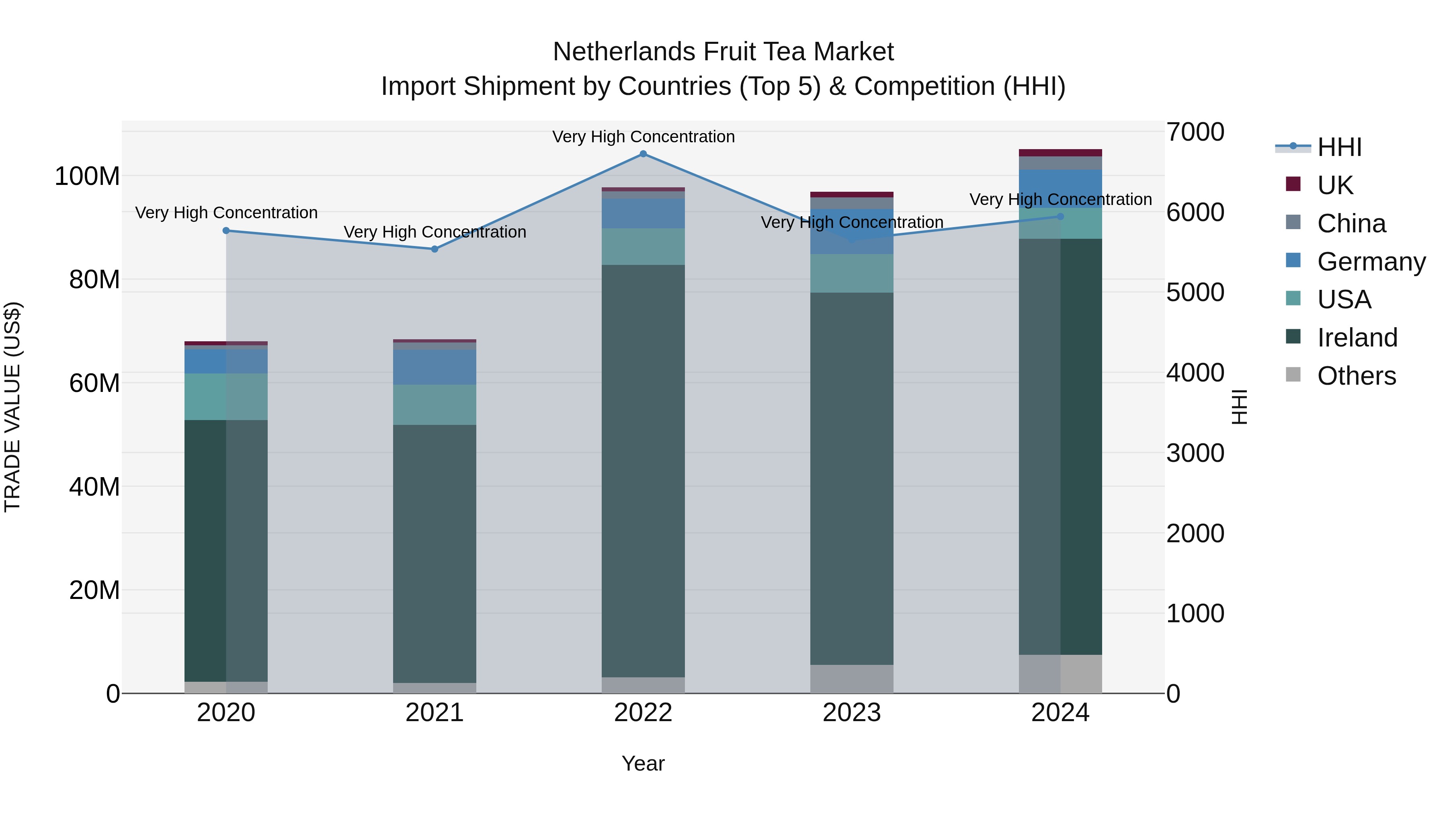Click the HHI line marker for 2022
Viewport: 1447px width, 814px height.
643,154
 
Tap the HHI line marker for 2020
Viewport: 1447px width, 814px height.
226,230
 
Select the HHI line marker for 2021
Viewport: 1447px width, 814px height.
435,249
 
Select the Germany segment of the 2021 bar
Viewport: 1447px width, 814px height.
435,367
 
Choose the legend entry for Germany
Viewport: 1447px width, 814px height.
1371,262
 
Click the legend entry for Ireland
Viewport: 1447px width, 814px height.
1357,338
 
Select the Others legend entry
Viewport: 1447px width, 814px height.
1356,376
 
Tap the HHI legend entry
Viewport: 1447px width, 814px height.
1339,147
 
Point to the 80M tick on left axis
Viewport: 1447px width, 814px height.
94,280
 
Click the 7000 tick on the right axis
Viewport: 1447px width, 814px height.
1195,132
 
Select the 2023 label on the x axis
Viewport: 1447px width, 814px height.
852,713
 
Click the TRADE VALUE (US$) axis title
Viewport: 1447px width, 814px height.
12,407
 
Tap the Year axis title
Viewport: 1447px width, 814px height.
643,763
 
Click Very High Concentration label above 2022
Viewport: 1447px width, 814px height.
643,137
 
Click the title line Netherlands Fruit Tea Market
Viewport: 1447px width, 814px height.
723,52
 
